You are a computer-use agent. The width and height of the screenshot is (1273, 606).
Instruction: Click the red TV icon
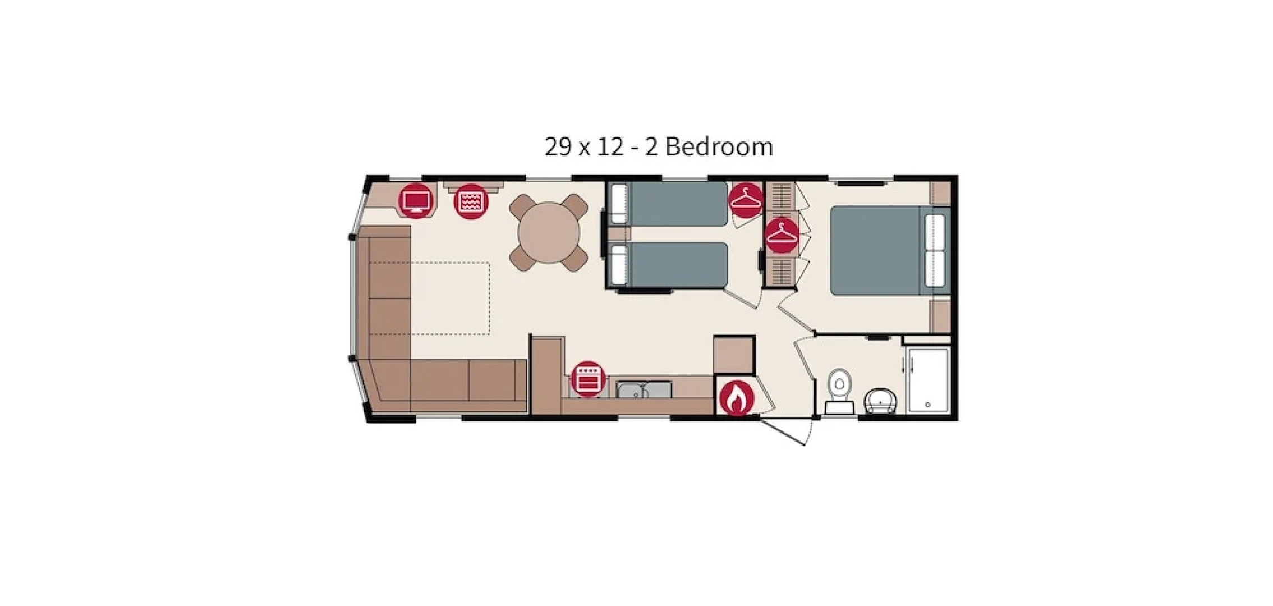click(x=416, y=200)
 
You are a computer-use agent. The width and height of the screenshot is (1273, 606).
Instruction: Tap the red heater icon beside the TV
click(x=471, y=201)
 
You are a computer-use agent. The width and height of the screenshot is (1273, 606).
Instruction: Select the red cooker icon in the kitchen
click(x=587, y=378)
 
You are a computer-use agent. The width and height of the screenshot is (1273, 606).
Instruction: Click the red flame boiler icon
click(x=737, y=398)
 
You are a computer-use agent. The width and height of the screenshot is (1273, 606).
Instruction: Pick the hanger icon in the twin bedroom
click(x=746, y=200)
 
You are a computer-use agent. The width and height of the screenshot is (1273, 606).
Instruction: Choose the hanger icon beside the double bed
click(x=782, y=235)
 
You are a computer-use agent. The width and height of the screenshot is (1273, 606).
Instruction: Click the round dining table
click(x=548, y=232)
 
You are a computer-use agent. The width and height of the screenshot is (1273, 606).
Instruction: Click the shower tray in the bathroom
click(x=927, y=382)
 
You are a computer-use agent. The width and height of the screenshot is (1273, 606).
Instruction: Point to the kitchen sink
click(x=644, y=389)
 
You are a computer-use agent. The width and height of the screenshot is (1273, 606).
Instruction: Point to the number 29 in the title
click(x=557, y=147)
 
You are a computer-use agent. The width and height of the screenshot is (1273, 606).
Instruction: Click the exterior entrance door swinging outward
click(x=785, y=431)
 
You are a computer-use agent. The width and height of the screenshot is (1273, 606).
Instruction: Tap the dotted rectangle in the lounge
click(x=451, y=299)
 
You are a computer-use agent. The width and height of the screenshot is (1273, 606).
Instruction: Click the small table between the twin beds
click(x=619, y=233)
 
